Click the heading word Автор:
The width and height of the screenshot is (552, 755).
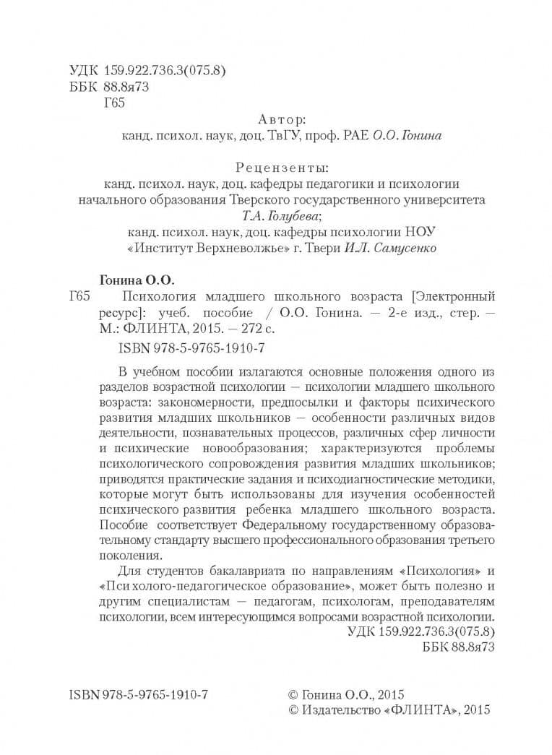click(x=282, y=118)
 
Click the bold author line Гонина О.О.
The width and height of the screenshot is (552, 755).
click(x=136, y=279)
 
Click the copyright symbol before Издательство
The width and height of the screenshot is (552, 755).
click(x=293, y=710)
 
